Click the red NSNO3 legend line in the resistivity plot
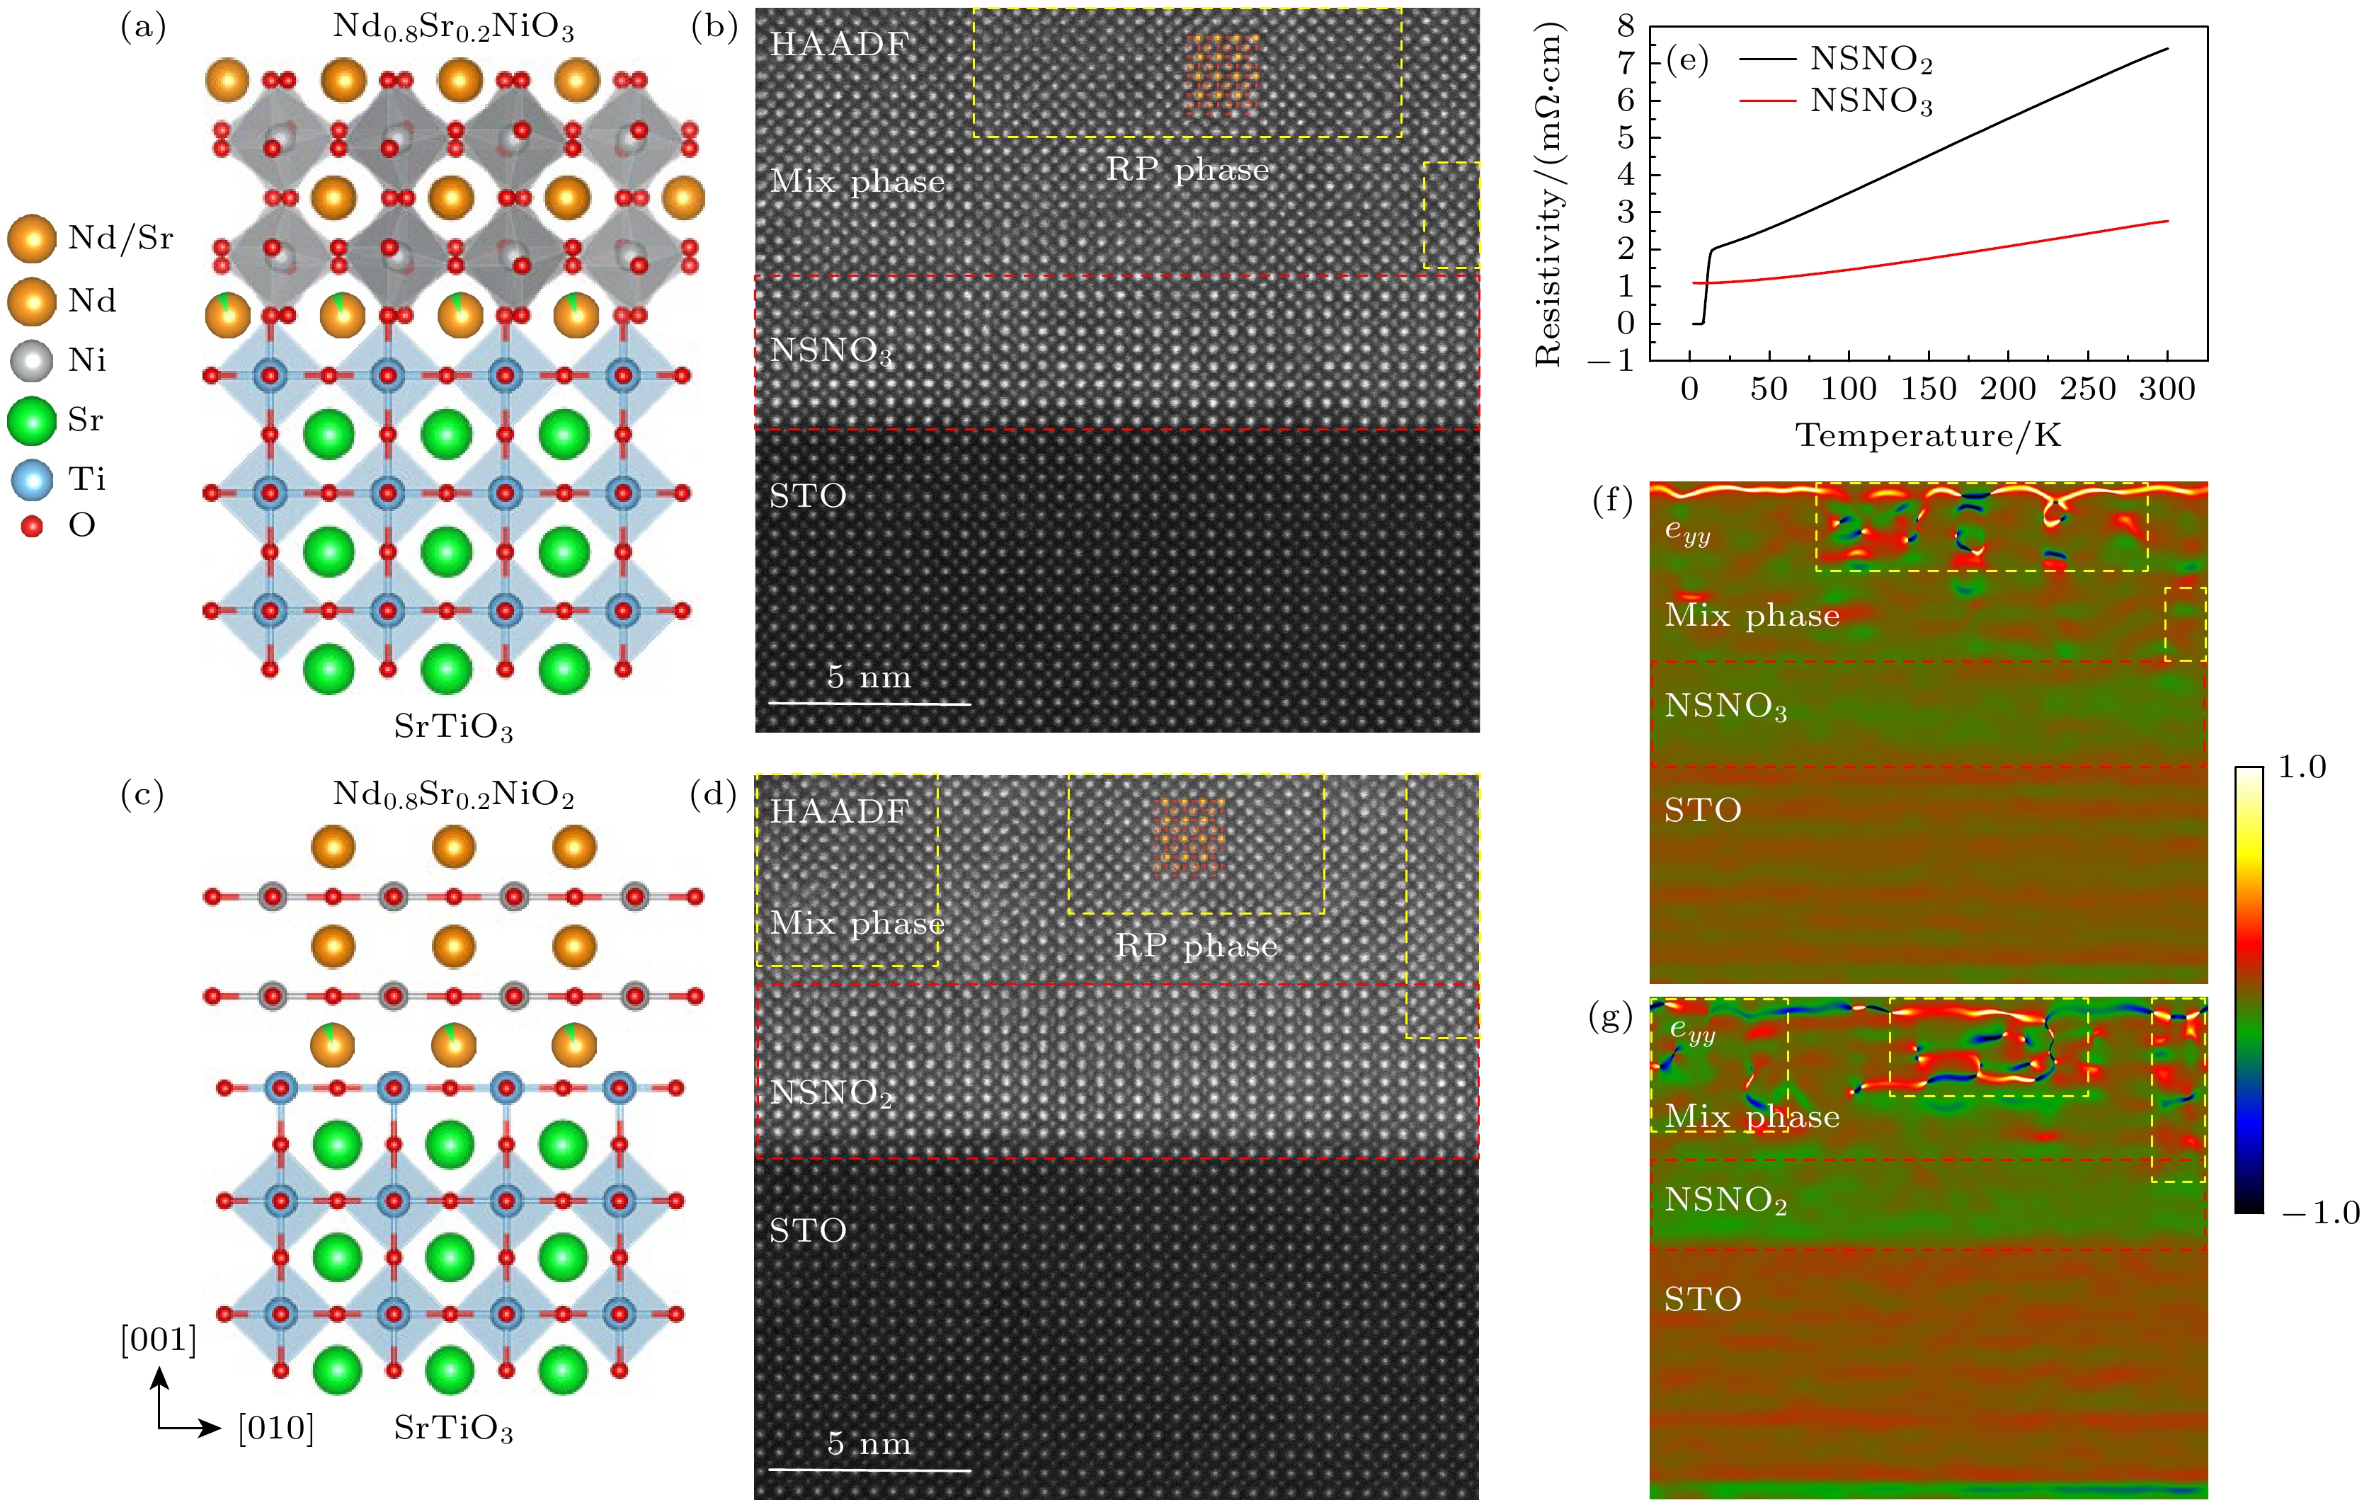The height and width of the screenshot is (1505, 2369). pyautogui.click(x=1768, y=101)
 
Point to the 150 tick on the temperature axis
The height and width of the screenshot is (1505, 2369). pyautogui.click(x=1928, y=389)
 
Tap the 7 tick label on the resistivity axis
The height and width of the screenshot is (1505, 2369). pyautogui.click(x=1626, y=63)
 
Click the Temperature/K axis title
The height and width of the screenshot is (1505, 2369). pyautogui.click(x=1928, y=434)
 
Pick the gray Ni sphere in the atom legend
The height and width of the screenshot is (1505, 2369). pyautogui.click(x=31, y=360)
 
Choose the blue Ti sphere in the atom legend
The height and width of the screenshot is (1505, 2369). pyautogui.click(x=31, y=480)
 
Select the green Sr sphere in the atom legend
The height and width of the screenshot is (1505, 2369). pyautogui.click(x=31, y=420)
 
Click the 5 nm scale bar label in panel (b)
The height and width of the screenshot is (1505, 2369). pyautogui.click(x=869, y=677)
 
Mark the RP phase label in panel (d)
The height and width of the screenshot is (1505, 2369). pyautogui.click(x=1197, y=946)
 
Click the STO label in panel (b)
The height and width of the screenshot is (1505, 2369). pyautogui.click(x=808, y=496)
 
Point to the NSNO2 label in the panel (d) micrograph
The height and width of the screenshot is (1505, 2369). pyautogui.click(x=831, y=1093)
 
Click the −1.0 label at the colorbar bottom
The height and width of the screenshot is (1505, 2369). pyautogui.click(x=2321, y=1213)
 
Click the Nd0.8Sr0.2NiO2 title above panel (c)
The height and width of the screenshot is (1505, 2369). pyautogui.click(x=454, y=794)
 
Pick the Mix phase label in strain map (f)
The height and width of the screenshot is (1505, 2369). pyautogui.click(x=1751, y=616)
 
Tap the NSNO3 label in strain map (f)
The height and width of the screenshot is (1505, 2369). pyautogui.click(x=1725, y=706)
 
